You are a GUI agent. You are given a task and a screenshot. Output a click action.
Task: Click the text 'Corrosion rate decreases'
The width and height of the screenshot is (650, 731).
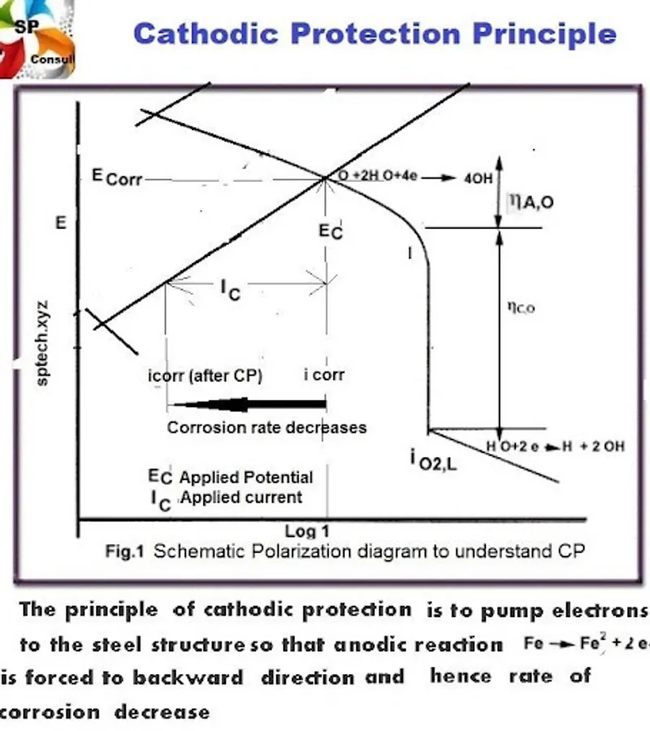click(266, 427)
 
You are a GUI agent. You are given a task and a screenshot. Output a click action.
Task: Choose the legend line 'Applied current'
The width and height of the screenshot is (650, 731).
click(240, 497)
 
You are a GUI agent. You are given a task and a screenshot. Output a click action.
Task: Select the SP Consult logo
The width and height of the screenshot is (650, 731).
click(37, 39)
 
